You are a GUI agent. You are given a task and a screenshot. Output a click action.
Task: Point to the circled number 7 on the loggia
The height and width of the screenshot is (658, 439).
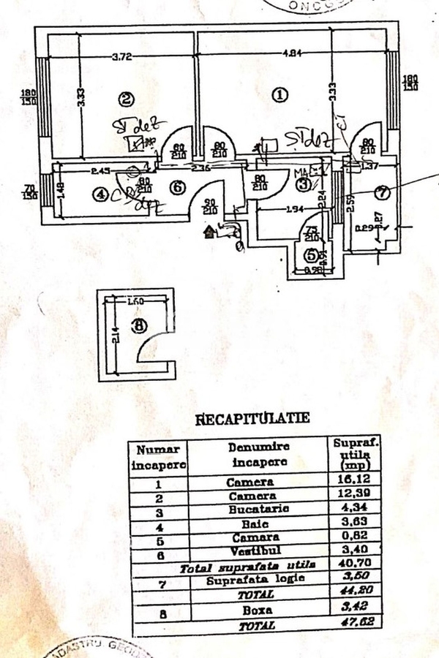tap(380, 193)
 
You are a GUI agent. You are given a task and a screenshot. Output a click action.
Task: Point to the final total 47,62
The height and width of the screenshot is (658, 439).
tap(349, 626)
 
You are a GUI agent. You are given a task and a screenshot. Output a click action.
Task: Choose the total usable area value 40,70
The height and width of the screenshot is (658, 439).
tap(349, 565)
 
